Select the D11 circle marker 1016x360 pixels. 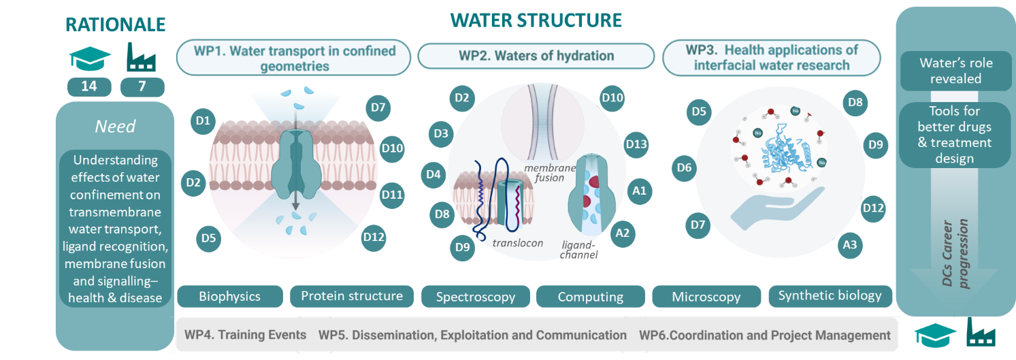pyautogui.click(x=393, y=195)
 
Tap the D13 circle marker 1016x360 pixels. pyautogui.click(x=636, y=144)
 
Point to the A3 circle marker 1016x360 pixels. pyautogui.click(x=849, y=243)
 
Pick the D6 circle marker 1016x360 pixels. pyautogui.click(x=685, y=167)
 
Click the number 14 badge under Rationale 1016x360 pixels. pyautogui.click(x=90, y=87)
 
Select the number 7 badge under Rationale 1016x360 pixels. pyautogui.click(x=142, y=87)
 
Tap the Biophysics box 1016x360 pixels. pyautogui.click(x=229, y=297)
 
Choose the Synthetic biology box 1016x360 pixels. pyautogui.click(x=830, y=296)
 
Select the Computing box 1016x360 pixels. pyautogui.click(x=590, y=297)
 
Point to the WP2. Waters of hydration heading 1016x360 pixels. pyautogui.click(x=536, y=56)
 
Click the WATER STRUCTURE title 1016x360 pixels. pyautogui.click(x=536, y=20)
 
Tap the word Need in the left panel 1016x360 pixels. pyautogui.click(x=114, y=127)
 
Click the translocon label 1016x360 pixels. pyautogui.click(x=517, y=243)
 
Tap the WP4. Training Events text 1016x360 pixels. pyautogui.click(x=245, y=335)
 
